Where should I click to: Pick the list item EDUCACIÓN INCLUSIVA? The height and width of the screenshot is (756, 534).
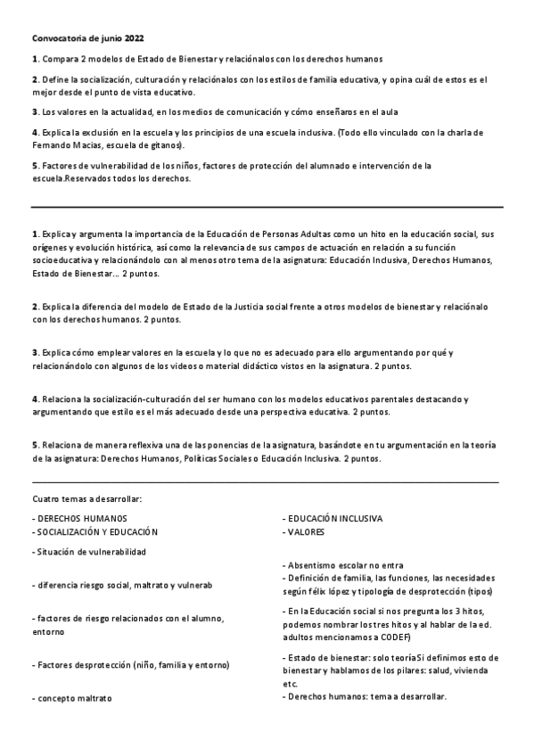point(333,517)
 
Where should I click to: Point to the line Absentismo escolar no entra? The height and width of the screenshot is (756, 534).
point(343,565)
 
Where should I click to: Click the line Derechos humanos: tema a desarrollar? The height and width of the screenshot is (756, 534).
point(364,695)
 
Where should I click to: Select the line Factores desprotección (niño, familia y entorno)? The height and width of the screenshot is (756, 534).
point(131,664)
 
